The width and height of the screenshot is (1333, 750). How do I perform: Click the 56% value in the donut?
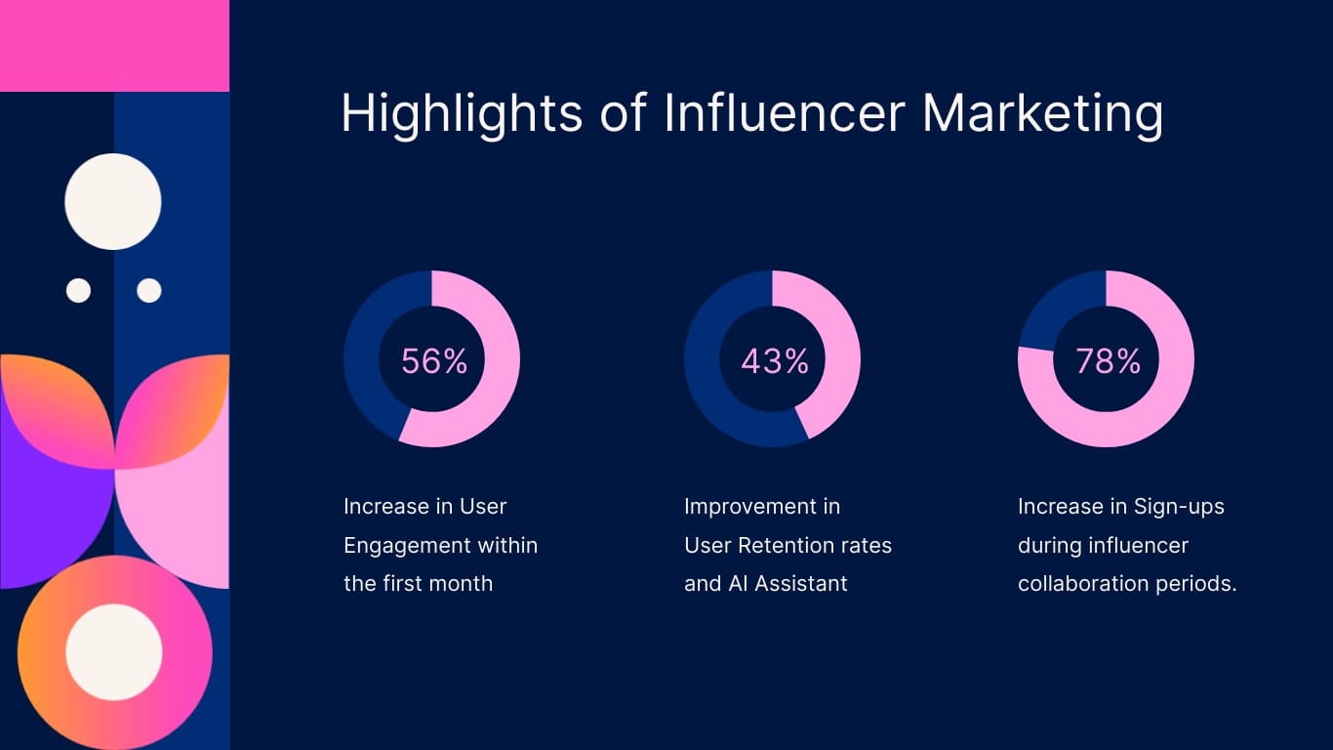coord(434,361)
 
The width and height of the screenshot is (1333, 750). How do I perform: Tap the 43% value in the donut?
coord(775,361)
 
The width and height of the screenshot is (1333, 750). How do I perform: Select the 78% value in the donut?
coord(1109,361)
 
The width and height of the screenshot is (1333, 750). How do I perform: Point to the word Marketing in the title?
coord(1042,113)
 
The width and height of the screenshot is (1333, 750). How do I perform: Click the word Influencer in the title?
coord(785,113)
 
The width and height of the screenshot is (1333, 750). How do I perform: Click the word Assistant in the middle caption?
coord(801,584)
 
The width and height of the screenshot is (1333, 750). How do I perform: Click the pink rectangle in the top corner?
coord(114,45)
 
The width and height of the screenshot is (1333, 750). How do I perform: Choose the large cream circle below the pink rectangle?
coord(113,201)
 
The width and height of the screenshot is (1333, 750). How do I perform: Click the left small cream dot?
coord(78,290)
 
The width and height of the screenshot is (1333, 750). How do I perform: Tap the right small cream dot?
coord(149,290)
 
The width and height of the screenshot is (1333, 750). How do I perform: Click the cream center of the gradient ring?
coord(114,651)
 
